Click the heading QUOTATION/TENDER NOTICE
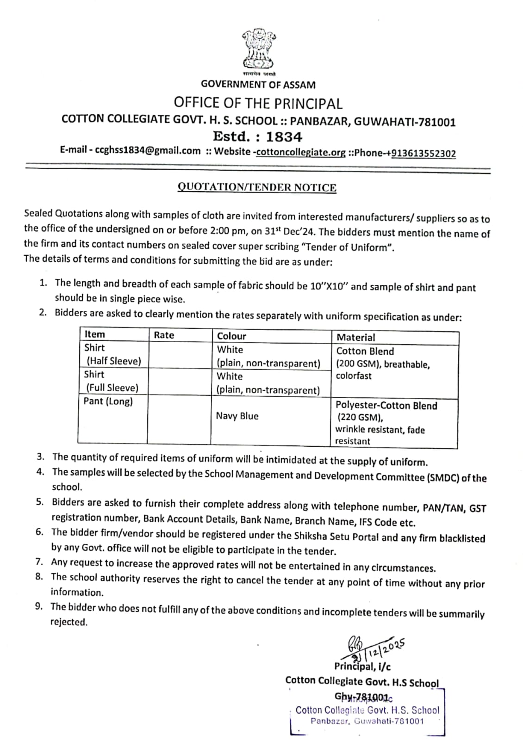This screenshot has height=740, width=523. click(257, 187)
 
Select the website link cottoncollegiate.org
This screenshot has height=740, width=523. click(300, 152)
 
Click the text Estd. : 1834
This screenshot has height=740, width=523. click(257, 136)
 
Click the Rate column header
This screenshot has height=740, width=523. click(164, 335)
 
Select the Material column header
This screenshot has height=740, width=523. click(355, 337)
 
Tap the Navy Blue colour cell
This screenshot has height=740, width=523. click(237, 416)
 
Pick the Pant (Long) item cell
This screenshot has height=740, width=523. click(108, 401)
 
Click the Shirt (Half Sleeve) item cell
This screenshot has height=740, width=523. click(112, 354)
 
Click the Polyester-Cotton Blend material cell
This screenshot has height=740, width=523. click(386, 406)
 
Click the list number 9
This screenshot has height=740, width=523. click(39, 606)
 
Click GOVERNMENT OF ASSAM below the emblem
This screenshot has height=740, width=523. click(258, 85)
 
